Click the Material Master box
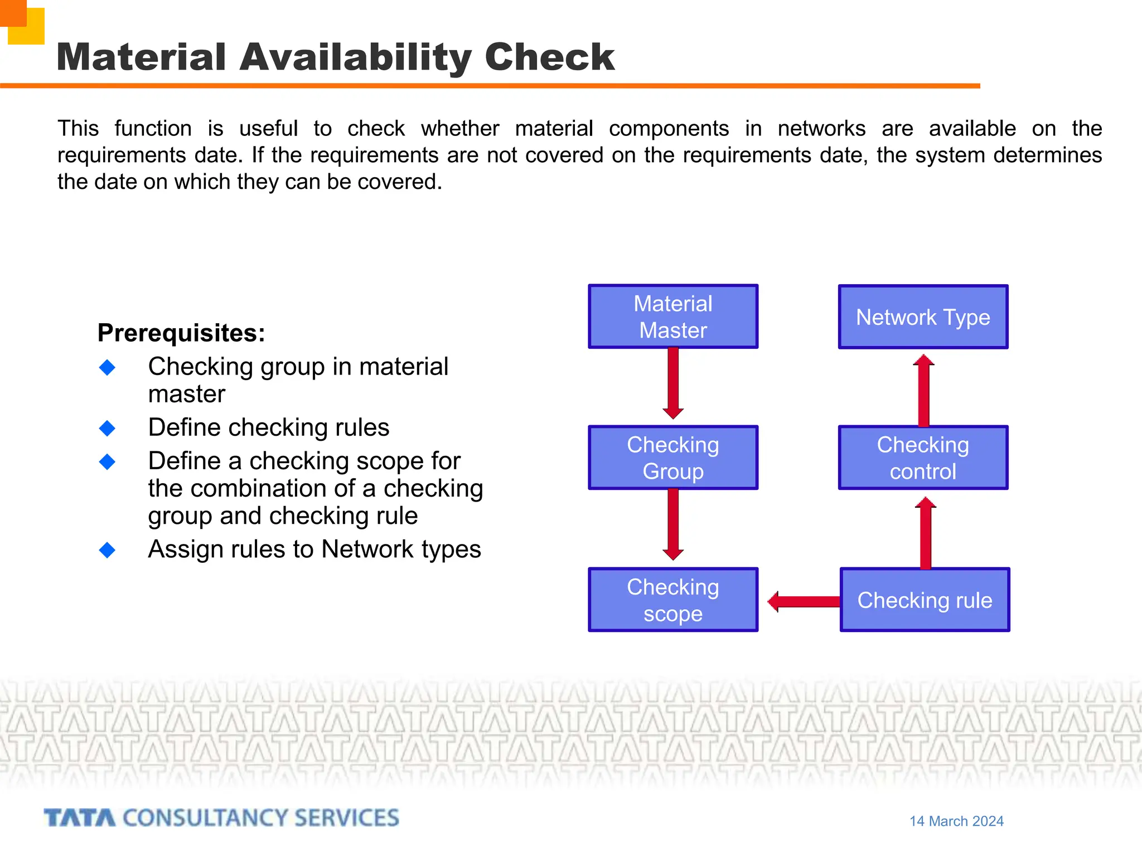[x=673, y=317]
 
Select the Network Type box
[x=923, y=317]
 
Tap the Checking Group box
[x=673, y=458]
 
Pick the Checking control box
[x=923, y=458]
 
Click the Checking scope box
[x=673, y=600]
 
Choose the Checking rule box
[x=925, y=600]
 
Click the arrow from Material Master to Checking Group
[x=673, y=383]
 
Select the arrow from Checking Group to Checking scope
[x=673, y=524]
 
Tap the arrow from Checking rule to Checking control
[x=926, y=532]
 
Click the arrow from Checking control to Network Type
[x=923, y=390]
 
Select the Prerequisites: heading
[x=181, y=333]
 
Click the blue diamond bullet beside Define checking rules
[x=107, y=428]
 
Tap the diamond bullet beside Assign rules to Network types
[x=107, y=550]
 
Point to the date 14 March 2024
[x=956, y=821]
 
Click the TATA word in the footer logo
[x=80, y=818]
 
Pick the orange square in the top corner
[x=12, y=12]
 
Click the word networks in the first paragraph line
[x=821, y=129]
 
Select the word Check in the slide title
[x=549, y=57]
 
